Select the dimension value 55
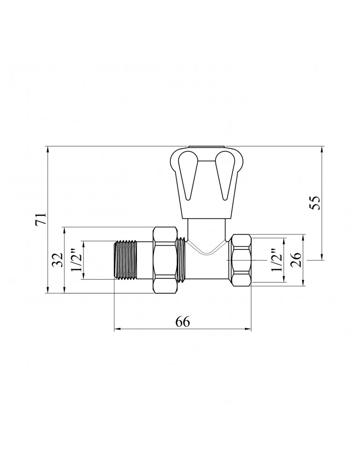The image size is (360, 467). tap(315, 203)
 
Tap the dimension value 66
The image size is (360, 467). tap(183, 322)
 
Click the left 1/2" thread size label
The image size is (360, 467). tap(76, 260)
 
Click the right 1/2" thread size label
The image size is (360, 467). tap(276, 260)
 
